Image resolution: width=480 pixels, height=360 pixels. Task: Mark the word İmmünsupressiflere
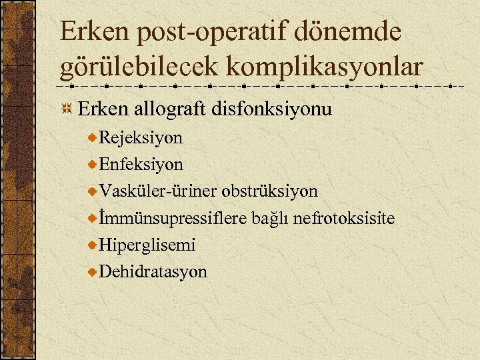point(173,218)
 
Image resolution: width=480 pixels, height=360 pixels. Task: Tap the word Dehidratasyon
point(153,271)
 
